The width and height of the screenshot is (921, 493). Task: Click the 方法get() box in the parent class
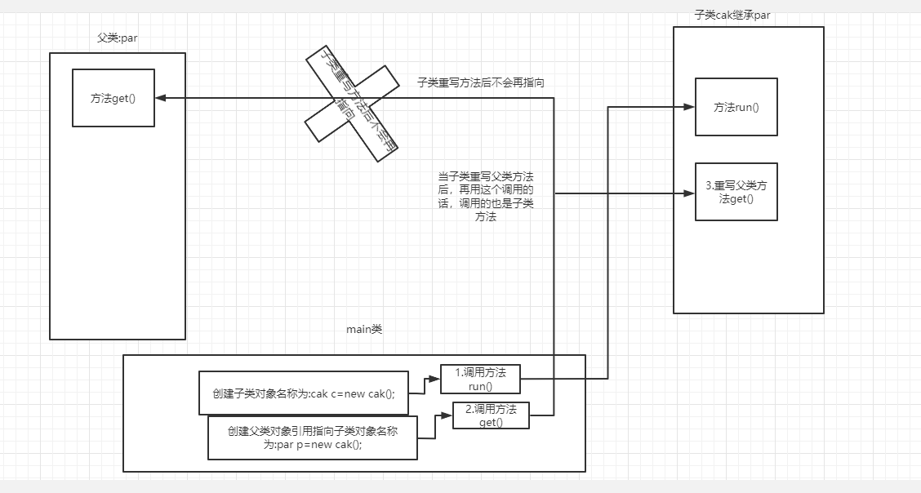tap(113, 98)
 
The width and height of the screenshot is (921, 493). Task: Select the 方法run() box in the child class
tap(736, 107)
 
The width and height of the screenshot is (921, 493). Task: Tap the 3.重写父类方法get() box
tap(736, 192)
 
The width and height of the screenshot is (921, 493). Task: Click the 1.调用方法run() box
tap(480, 379)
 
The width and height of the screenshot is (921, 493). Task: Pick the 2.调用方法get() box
tap(491, 415)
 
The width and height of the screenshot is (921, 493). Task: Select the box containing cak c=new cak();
tap(303, 393)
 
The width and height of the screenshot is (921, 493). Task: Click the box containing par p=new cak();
tap(312, 438)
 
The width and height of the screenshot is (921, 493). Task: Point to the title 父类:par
tap(116, 38)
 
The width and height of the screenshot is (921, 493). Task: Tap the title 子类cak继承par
tap(732, 14)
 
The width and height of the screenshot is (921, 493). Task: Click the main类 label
tap(364, 330)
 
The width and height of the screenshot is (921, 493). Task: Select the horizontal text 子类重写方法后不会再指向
tap(480, 82)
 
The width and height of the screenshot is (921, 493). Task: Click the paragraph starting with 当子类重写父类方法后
tap(485, 197)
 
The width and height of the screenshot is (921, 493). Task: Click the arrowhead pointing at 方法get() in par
tap(160, 98)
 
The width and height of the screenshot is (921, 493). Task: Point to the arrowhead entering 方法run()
tap(689, 106)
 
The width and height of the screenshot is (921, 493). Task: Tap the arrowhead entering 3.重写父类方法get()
tap(689, 193)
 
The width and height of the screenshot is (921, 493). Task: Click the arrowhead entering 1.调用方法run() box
tap(435, 379)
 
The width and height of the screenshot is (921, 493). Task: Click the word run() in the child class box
tap(746, 107)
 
